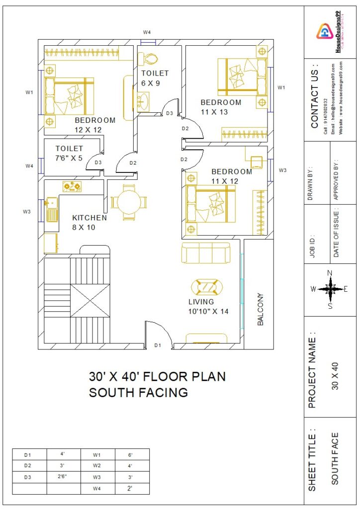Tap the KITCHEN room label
pyautogui.click(x=90, y=218)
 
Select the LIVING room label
pyautogui.click(x=201, y=302)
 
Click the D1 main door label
pyautogui.click(x=158, y=344)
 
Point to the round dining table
pyautogui.click(x=129, y=202)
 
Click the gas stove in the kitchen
pyautogui.click(x=71, y=186)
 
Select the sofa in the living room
pyautogui.click(x=205, y=254)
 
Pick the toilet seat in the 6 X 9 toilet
pyautogui.click(x=148, y=59)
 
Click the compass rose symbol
pyautogui.click(x=330, y=289)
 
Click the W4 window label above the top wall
pyautogui.click(x=147, y=32)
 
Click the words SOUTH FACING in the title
pyautogui.click(x=138, y=393)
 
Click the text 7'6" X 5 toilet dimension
pyautogui.click(x=69, y=158)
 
